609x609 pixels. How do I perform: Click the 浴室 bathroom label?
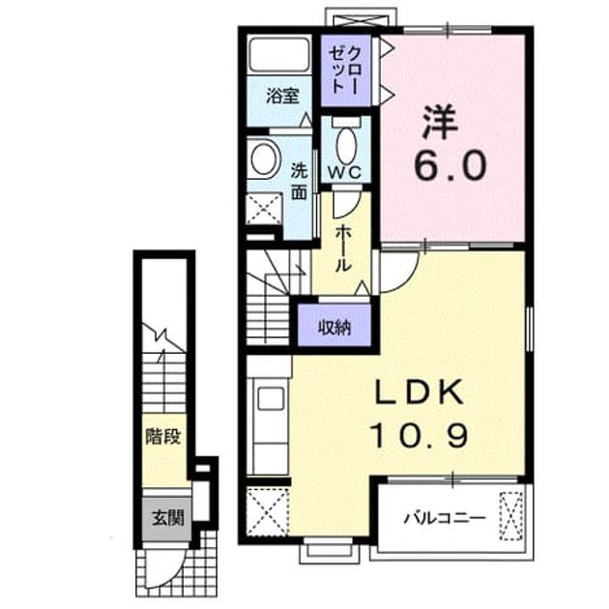pyautogui.click(x=282, y=96)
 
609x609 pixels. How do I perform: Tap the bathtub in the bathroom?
pyautogui.click(x=278, y=55)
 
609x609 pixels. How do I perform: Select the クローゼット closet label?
pyautogui.click(x=344, y=70)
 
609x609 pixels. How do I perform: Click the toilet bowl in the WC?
pyautogui.click(x=346, y=146)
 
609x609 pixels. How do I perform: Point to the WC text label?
pyautogui.click(x=344, y=172)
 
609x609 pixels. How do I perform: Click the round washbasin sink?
pyautogui.click(x=265, y=159)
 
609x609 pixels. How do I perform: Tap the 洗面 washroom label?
pyautogui.click(x=300, y=182)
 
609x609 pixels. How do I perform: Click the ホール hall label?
pyautogui.click(x=343, y=248)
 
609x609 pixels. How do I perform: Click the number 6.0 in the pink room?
pyautogui.click(x=450, y=165)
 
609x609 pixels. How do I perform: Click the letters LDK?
pyautogui.click(x=420, y=391)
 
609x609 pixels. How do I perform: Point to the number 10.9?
pyautogui.click(x=420, y=435)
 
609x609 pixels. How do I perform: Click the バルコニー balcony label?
pyautogui.click(x=445, y=518)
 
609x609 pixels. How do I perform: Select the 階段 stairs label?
pyautogui.click(x=163, y=437)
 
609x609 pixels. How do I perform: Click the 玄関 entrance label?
pyautogui.click(x=167, y=518)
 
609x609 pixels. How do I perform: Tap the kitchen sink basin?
pyautogui.click(x=271, y=398)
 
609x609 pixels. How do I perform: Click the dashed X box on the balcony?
pyautogui.click(x=510, y=516)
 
